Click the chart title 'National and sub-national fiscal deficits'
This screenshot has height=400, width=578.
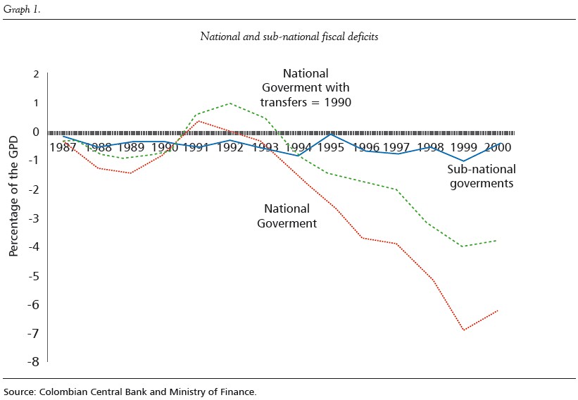289,37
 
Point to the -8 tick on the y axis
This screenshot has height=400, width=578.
32,362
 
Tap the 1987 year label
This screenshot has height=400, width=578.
63,147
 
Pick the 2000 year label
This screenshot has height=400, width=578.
497,147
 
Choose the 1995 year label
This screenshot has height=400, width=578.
331,147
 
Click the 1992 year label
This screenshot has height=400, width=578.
230,147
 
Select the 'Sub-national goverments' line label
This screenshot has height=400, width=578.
482,176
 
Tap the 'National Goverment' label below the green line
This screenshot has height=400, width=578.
287,216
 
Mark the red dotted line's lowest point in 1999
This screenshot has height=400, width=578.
464,330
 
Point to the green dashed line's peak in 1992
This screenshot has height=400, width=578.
230,104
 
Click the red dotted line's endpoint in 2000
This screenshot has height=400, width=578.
498,311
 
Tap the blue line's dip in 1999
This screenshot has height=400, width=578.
464,161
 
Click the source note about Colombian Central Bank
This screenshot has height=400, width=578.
130,391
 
